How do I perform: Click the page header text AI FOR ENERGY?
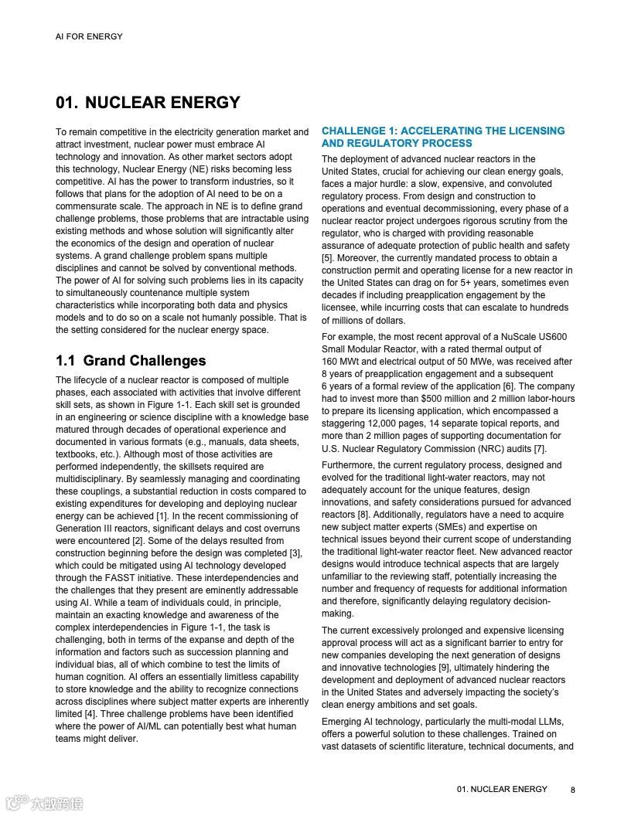(x=89, y=36)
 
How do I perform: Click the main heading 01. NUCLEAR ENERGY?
(x=148, y=103)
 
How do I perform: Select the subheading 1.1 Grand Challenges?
(x=131, y=361)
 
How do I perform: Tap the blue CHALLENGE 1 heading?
(x=443, y=137)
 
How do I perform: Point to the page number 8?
(x=573, y=790)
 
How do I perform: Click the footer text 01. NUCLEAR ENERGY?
(x=502, y=789)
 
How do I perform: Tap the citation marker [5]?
(x=327, y=258)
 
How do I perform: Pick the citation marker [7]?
(x=539, y=448)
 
